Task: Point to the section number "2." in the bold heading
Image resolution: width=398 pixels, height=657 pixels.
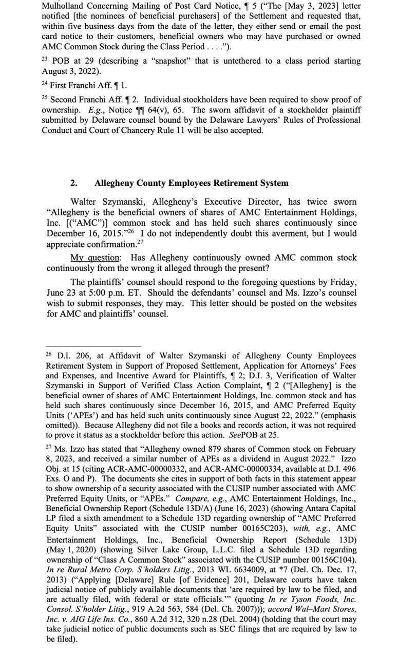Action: [x=74, y=183]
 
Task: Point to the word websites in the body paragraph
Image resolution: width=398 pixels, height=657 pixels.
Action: [x=339, y=303]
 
